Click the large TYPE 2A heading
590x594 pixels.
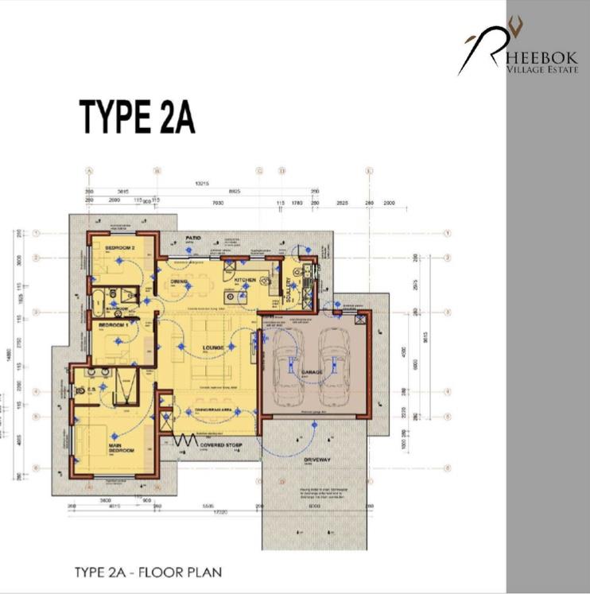(x=137, y=118)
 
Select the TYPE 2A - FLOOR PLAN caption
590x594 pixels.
(x=147, y=572)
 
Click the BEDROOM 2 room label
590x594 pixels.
(x=120, y=247)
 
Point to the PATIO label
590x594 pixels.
(x=192, y=238)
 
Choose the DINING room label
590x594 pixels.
(x=180, y=280)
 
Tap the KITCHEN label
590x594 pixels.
(x=244, y=280)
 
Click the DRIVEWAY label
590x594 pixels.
(x=316, y=460)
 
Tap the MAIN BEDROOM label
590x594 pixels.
(x=122, y=448)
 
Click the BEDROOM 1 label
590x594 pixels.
(x=113, y=325)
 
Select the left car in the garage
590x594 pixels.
(x=286, y=360)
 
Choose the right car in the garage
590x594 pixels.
(x=334, y=360)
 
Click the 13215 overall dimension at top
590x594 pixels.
(x=202, y=184)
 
